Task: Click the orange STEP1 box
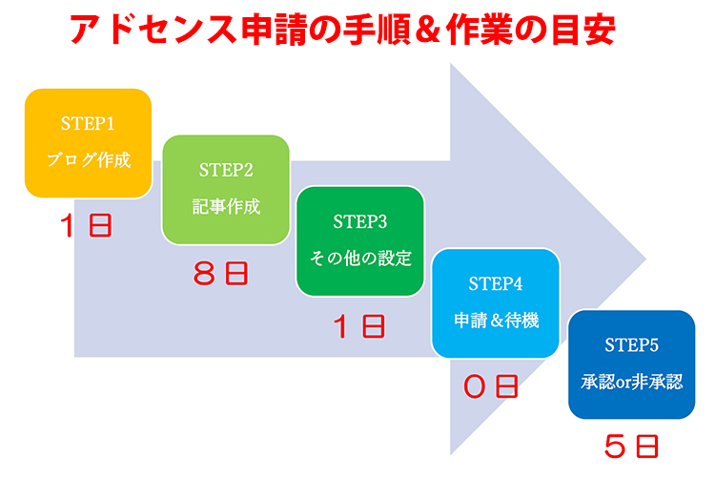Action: pos(88,143)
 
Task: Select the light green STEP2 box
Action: pos(226,190)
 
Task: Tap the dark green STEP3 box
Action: pos(360,241)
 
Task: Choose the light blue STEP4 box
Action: pos(496,303)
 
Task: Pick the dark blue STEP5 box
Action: pos(631,364)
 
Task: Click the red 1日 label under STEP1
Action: pos(86,225)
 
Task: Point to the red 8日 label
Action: pos(221,274)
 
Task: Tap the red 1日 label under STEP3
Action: pos(359,326)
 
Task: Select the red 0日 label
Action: pos(491,386)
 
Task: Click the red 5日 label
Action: pos(631,446)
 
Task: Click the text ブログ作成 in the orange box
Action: pos(89,159)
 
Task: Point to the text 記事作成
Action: pos(226,207)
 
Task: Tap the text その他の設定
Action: pos(360,259)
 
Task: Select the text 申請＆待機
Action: pos(496,320)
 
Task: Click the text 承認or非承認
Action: pos(631,382)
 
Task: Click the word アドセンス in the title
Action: pos(153,30)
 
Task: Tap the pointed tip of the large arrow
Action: pos(645,259)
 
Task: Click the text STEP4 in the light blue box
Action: pos(496,284)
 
